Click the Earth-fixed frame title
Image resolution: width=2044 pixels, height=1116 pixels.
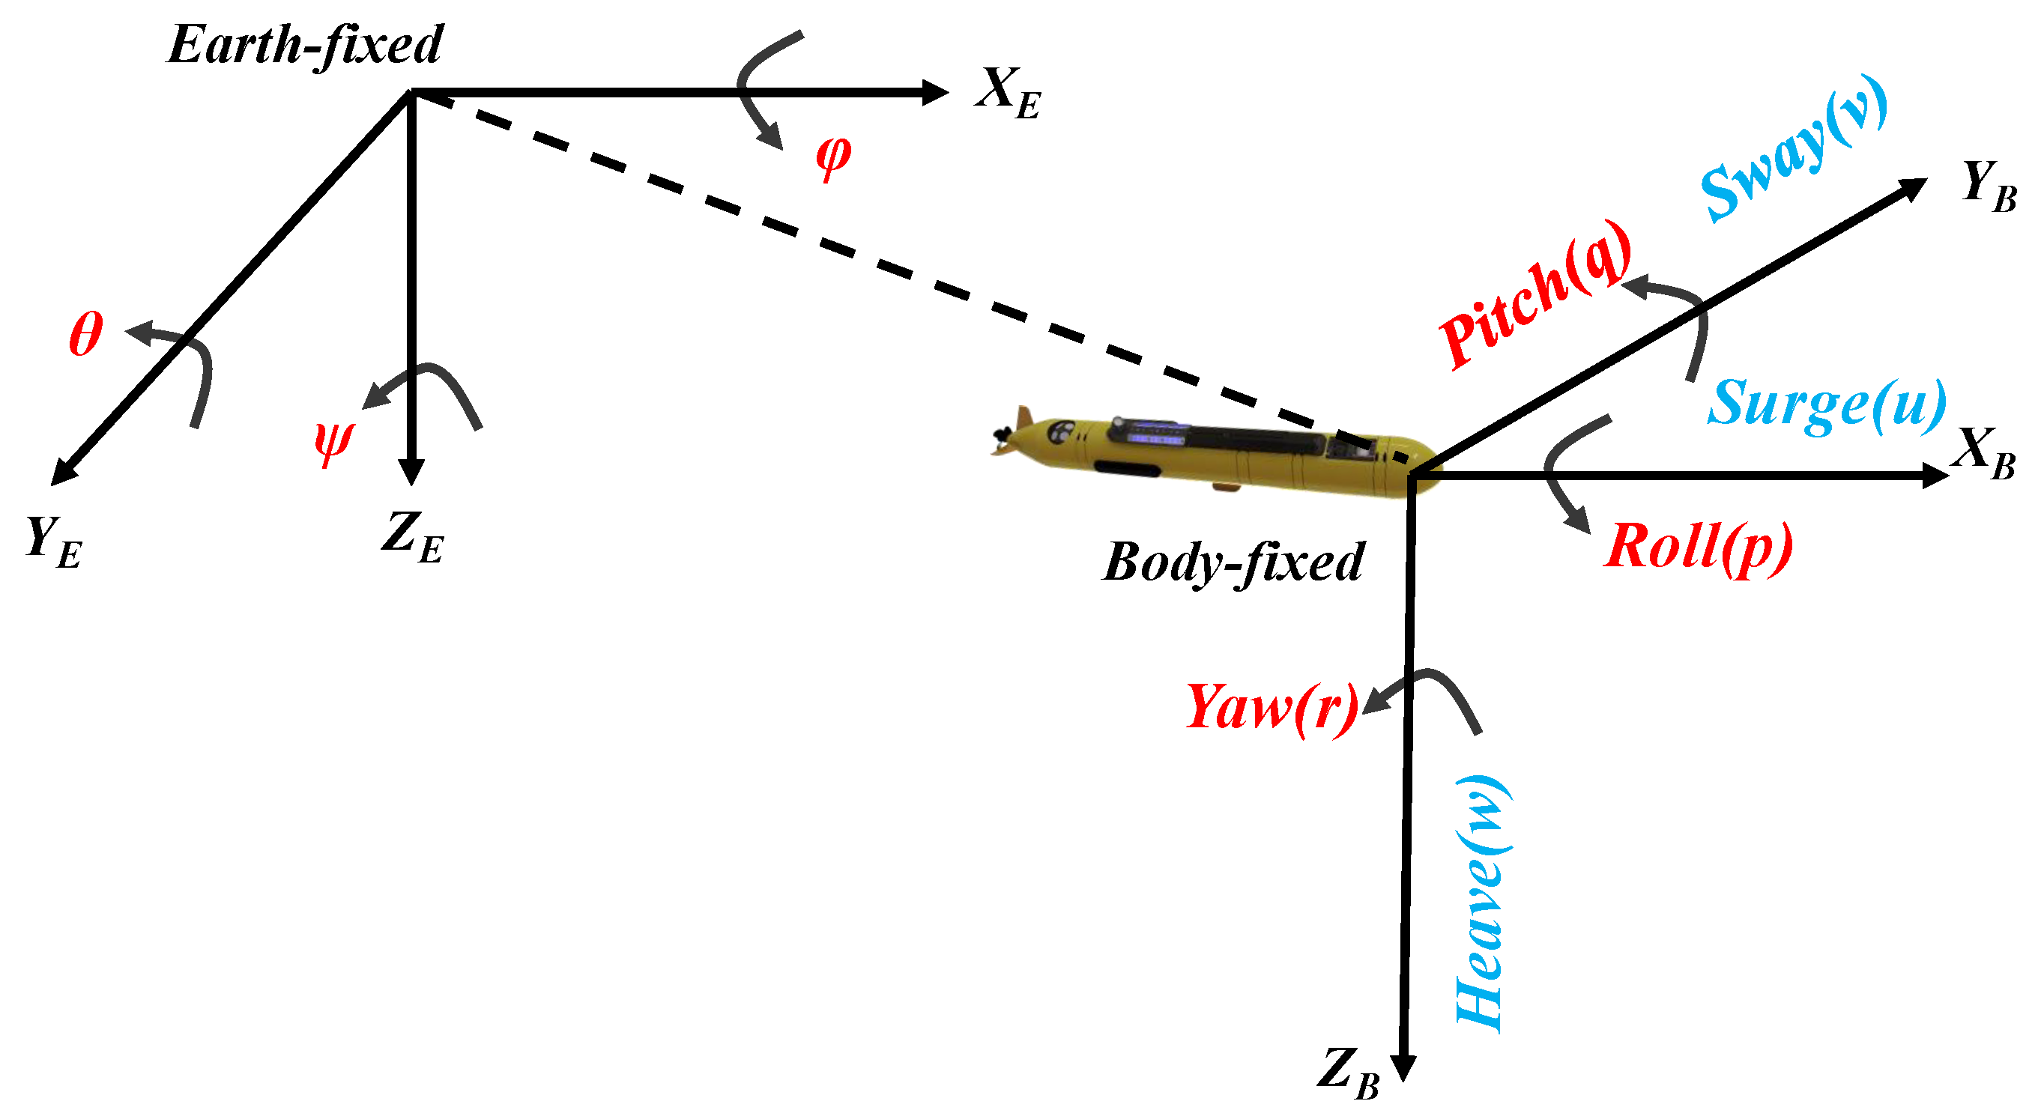[x=306, y=45]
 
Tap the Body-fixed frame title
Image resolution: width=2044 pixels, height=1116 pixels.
[x=1233, y=562]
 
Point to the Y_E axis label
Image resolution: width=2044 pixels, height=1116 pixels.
[x=53, y=542]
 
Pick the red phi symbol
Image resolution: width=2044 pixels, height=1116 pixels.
[x=833, y=157]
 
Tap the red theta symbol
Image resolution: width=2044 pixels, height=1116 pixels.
[x=85, y=334]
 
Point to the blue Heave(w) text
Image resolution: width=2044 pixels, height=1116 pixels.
[x=1482, y=904]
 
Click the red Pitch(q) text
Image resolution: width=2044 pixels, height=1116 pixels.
[x=1535, y=295]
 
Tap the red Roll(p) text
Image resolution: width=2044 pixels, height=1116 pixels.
[x=1698, y=548]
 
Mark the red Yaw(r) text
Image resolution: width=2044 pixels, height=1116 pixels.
[x=1272, y=708]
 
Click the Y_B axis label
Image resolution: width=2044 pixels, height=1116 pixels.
[x=1989, y=186]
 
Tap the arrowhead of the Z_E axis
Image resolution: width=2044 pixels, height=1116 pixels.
[x=411, y=473]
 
